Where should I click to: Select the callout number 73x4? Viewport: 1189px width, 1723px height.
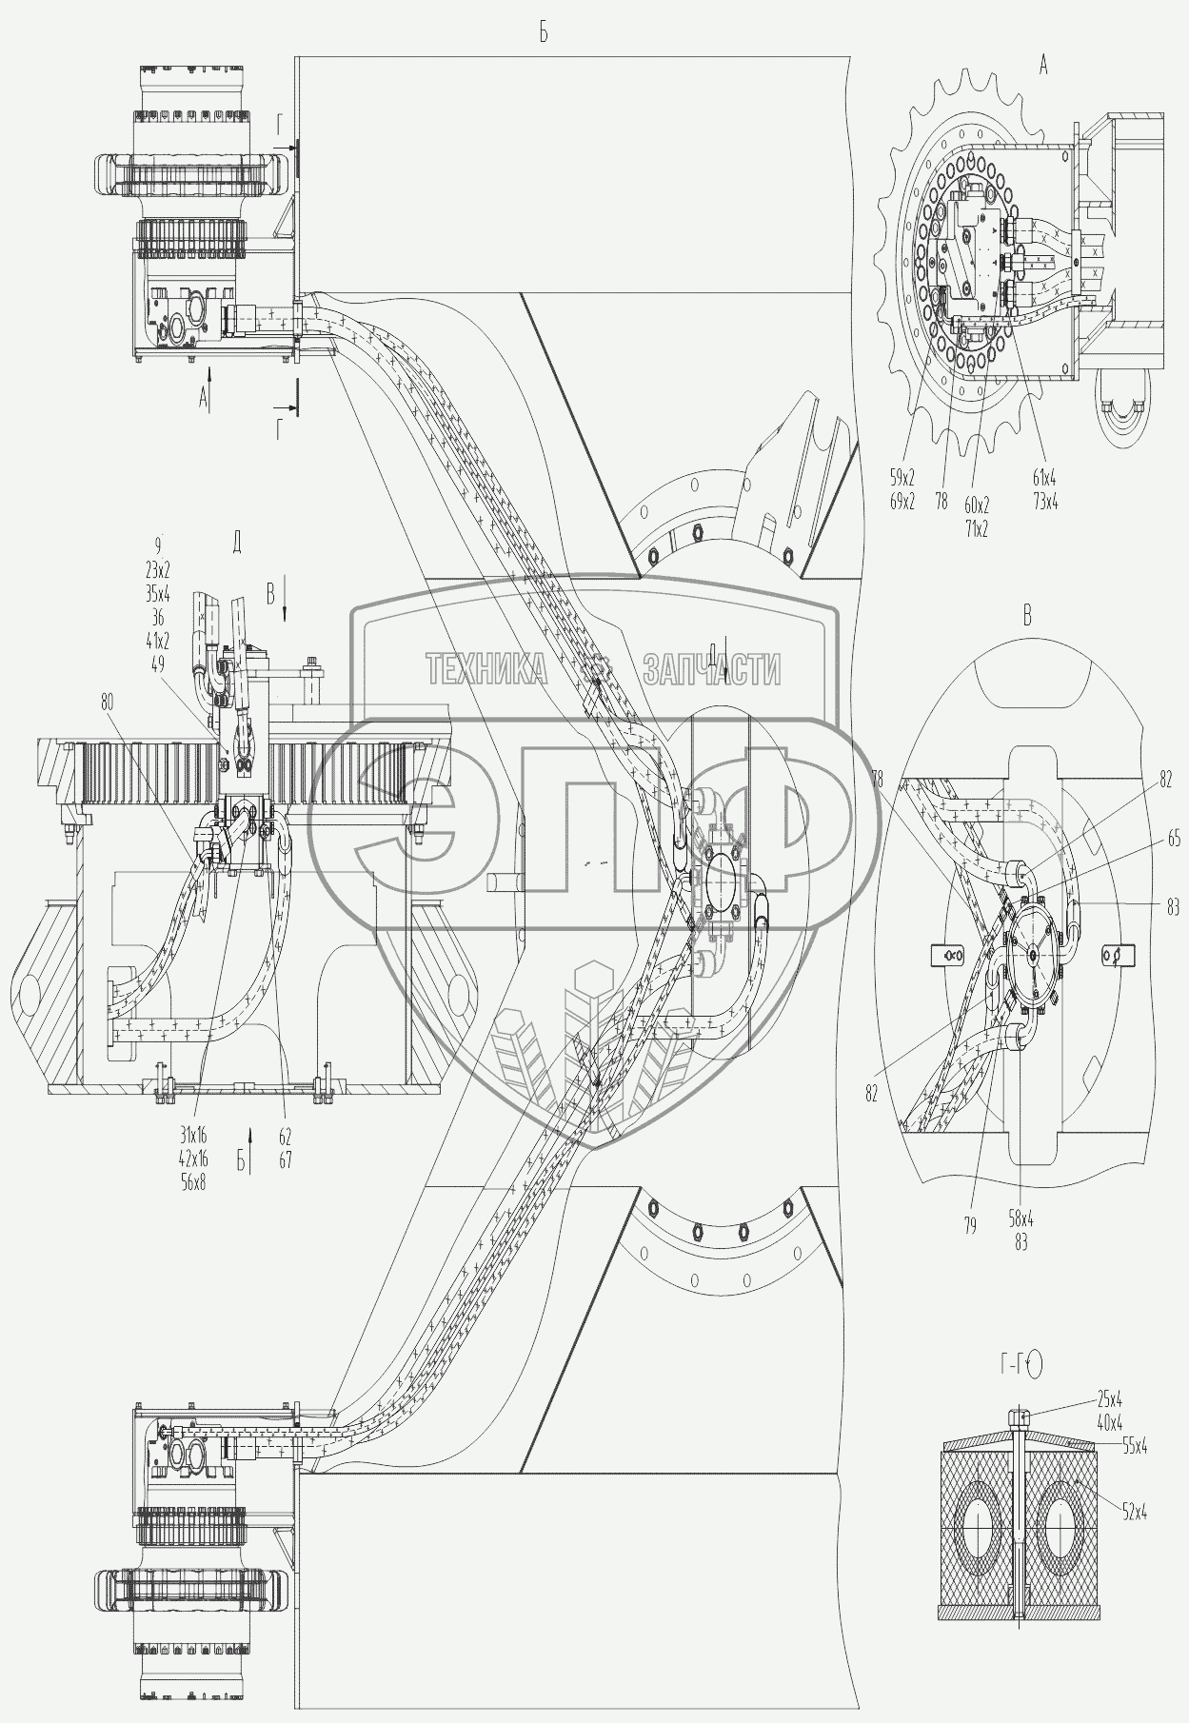coord(1044,502)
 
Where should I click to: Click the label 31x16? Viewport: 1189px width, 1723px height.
coord(192,1136)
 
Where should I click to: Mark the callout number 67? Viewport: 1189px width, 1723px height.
coord(285,1160)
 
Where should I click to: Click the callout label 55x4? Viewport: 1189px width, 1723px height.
coord(1133,1446)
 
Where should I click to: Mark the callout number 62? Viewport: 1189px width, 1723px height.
coord(285,1136)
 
